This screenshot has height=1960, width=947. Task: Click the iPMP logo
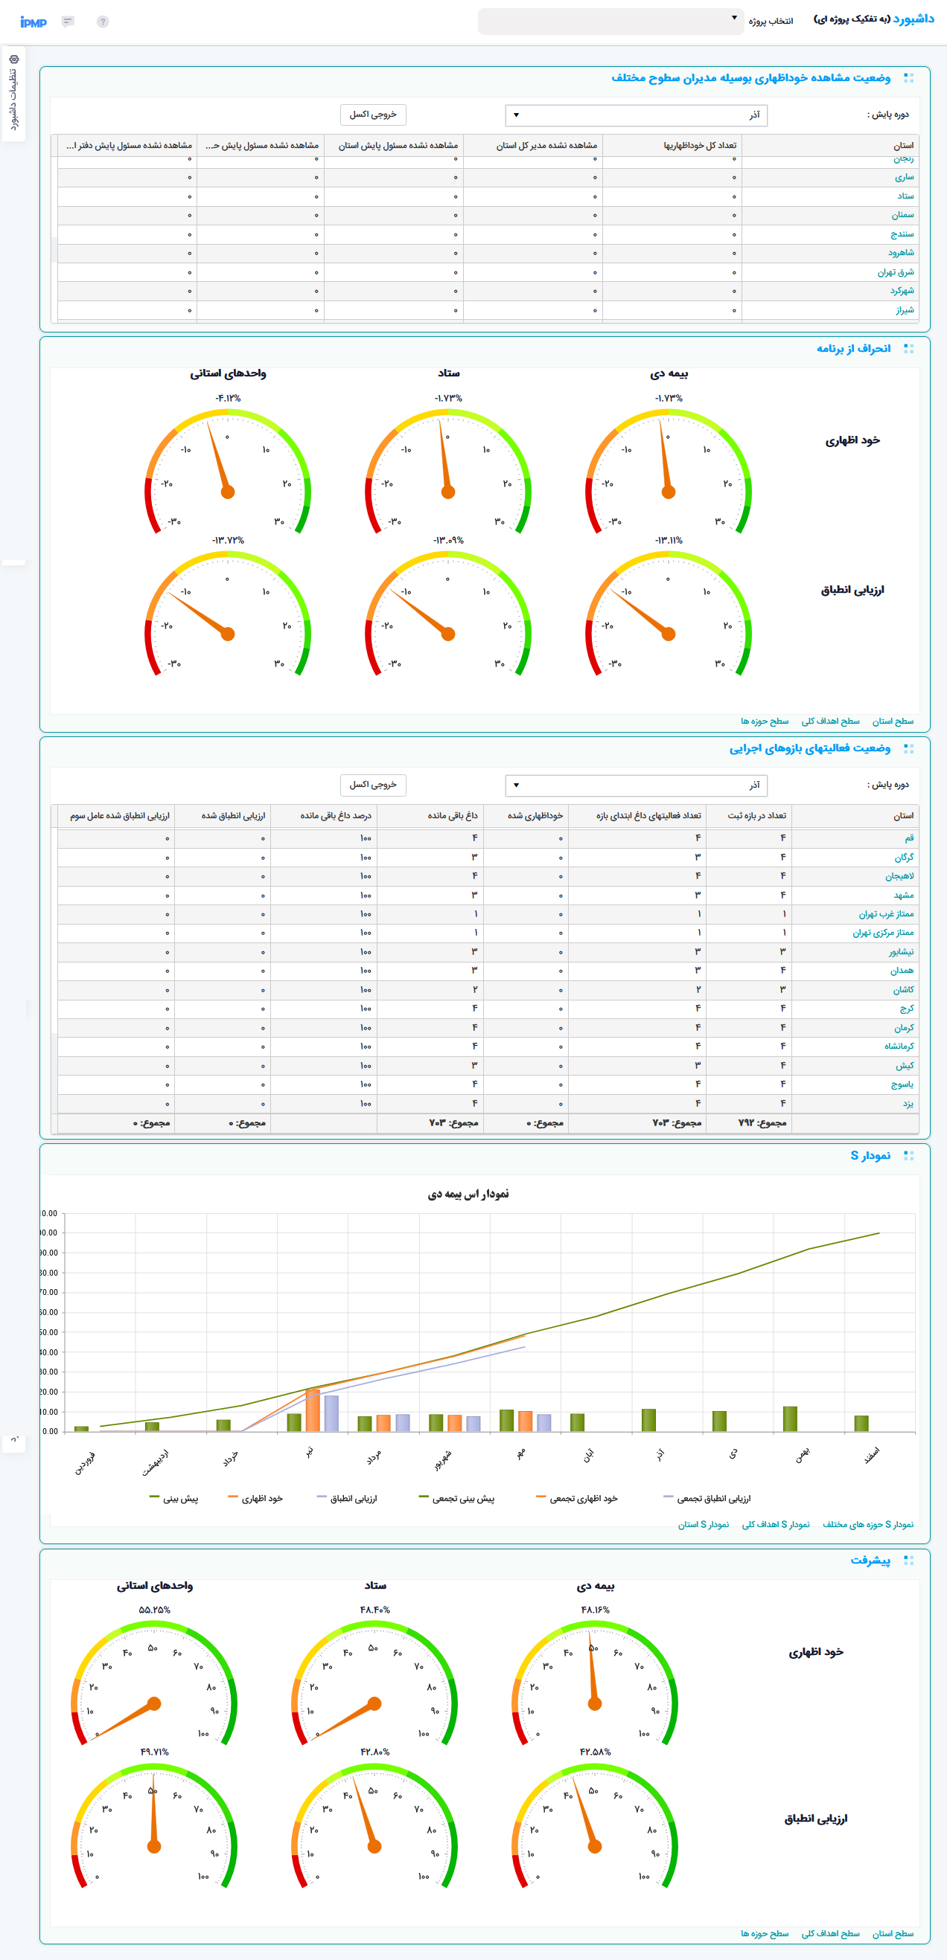tap(34, 22)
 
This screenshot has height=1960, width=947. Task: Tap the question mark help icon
tap(103, 22)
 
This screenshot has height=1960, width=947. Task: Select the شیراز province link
tap(905, 309)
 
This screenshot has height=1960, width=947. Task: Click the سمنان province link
tap(902, 215)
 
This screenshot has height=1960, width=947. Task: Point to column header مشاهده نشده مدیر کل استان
tap(546, 145)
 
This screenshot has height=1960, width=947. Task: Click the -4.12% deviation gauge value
tap(228, 398)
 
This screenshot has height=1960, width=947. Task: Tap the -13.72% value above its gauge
tap(228, 540)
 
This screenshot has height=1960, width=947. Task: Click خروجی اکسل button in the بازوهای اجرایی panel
tap(372, 785)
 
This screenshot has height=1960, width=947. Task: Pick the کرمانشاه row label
tap(899, 1046)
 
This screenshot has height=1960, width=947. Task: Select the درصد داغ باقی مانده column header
tap(336, 816)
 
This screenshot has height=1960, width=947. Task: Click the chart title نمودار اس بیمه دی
tap(468, 1194)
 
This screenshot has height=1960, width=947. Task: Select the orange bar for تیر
tap(312, 1410)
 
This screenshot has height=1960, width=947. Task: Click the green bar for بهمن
tap(790, 1418)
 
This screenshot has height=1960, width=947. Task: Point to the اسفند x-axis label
tap(871, 1455)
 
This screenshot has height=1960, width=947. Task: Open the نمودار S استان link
tap(704, 1524)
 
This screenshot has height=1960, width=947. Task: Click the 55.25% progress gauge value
tap(155, 1610)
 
